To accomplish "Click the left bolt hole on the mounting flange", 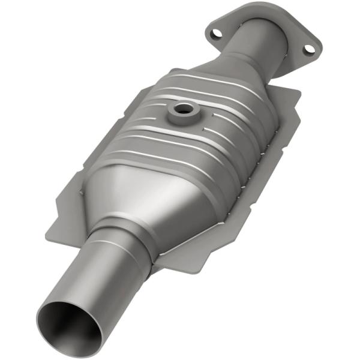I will (217, 31).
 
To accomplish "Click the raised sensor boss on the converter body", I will (180, 114).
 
